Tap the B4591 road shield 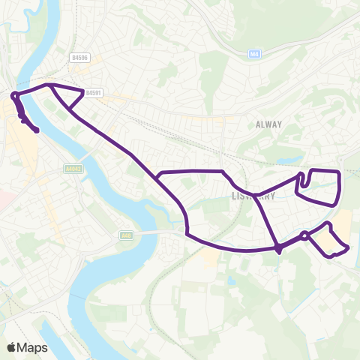(x=94, y=93)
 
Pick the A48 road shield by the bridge (x=125, y=235)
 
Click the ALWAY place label (x=268, y=124)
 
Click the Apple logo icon (x=12, y=346)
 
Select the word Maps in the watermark (x=33, y=346)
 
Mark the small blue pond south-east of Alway (x=286, y=160)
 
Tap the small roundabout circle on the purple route (x=304, y=236)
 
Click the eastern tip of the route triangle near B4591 (x=82, y=92)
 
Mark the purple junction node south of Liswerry (x=278, y=247)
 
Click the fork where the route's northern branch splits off (x=159, y=176)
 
